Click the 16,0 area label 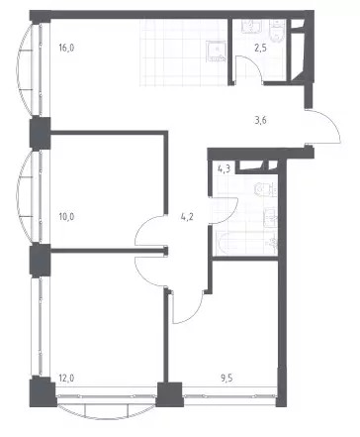click(66, 48)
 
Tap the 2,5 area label click(260, 48)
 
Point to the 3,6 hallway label click(260, 120)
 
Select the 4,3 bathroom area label click(225, 169)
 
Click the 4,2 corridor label click(187, 217)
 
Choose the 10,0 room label click(66, 217)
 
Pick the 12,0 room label click(66, 378)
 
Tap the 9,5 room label click(226, 378)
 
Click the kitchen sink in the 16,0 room click(217, 52)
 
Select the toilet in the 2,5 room click(278, 30)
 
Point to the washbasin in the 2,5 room click(251, 26)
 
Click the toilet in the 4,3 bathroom click(266, 190)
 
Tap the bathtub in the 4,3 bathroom click(245, 243)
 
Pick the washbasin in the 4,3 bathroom click(270, 217)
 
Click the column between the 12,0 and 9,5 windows click(169, 394)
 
